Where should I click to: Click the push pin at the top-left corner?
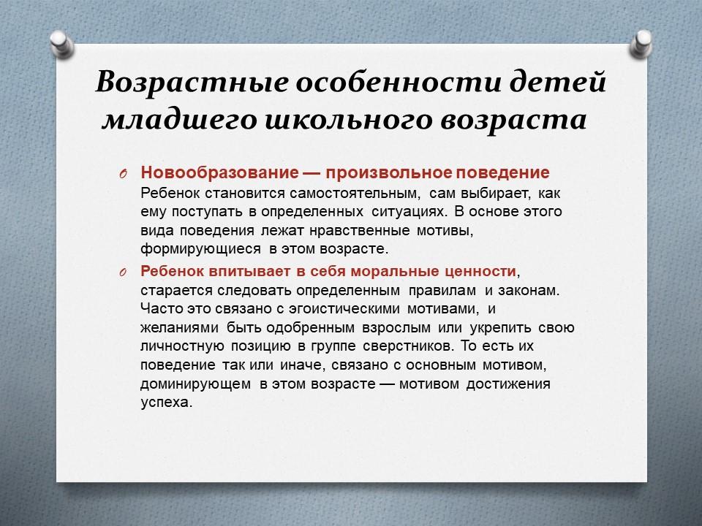coord(61,44)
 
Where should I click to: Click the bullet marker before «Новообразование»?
coord(124,174)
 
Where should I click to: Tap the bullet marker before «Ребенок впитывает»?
coord(124,272)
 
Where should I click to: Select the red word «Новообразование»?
coord(219,172)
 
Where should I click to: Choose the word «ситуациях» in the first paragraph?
coord(409,212)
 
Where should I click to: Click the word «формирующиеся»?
coord(200,249)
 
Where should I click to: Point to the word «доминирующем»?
coord(195,384)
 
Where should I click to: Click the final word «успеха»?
coord(166,403)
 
